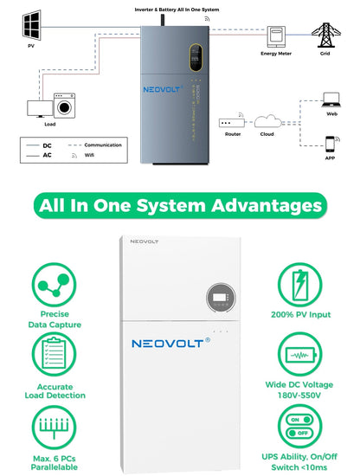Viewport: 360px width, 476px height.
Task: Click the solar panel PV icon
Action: point(31,25)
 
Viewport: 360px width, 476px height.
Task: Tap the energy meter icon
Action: point(276,36)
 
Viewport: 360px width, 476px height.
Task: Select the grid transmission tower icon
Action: point(325,35)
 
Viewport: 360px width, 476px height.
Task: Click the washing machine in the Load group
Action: point(64,106)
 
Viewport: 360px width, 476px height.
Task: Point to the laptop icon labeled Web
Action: point(331,100)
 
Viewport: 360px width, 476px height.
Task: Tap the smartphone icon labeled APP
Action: point(330,145)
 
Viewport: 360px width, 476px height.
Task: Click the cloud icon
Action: point(267,121)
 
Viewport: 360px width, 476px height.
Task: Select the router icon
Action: point(232,123)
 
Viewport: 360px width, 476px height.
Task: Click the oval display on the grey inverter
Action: point(196,57)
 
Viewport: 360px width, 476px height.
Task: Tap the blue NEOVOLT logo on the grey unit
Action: point(163,89)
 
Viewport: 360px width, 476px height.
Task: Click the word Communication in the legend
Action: point(103,145)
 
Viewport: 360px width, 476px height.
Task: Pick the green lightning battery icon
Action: point(300,285)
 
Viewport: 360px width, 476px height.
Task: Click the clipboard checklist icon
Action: point(54,354)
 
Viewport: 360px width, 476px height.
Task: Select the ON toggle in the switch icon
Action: point(299,420)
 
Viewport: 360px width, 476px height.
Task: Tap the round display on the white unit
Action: point(221,298)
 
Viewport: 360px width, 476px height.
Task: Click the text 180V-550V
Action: point(299,396)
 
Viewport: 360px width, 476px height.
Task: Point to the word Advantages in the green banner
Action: point(267,206)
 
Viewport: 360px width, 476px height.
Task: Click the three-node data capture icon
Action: point(54,285)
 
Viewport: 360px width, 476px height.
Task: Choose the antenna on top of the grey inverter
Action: point(163,20)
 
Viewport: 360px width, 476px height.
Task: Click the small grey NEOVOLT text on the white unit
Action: point(145,241)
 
